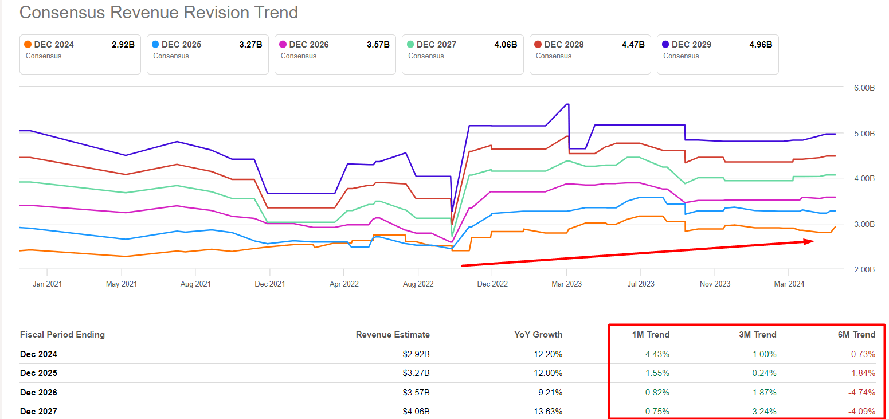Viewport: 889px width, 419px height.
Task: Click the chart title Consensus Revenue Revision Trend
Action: click(x=159, y=13)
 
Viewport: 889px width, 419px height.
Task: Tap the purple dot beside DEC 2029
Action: click(x=666, y=44)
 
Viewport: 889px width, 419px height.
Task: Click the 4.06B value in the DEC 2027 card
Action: click(x=506, y=45)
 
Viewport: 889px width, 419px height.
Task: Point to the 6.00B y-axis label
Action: click(x=863, y=88)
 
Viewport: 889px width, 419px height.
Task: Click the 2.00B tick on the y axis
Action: click(x=863, y=269)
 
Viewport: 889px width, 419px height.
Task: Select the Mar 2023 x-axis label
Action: click(x=566, y=284)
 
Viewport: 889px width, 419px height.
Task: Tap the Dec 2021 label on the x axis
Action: click(x=269, y=284)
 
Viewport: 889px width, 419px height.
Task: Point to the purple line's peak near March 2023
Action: click(x=567, y=104)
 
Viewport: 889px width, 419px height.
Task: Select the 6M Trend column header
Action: click(x=856, y=335)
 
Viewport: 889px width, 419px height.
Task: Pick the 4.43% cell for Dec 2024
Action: click(x=657, y=354)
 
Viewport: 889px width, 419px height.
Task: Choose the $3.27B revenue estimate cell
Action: click(x=416, y=373)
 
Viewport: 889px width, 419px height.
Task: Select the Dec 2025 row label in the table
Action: click(x=38, y=373)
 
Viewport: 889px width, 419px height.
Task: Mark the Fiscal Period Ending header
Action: click(x=62, y=335)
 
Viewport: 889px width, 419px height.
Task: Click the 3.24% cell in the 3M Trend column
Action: click(x=765, y=411)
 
